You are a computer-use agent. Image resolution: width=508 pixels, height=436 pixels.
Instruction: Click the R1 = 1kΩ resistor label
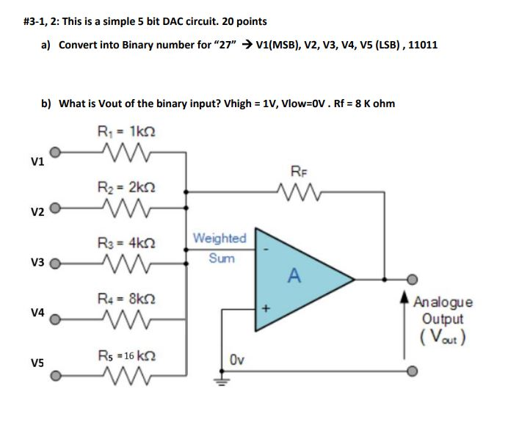click(x=127, y=132)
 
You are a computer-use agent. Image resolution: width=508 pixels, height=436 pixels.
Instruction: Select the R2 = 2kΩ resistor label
click(x=127, y=186)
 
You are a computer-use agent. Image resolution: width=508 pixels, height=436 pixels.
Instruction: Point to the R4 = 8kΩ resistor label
click(x=127, y=299)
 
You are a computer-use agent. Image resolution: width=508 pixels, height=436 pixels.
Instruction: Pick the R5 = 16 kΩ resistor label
click(x=127, y=355)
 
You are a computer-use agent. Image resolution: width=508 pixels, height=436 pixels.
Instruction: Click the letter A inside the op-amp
click(x=294, y=276)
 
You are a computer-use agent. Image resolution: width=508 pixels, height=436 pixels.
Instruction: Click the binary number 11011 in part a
click(x=422, y=45)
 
